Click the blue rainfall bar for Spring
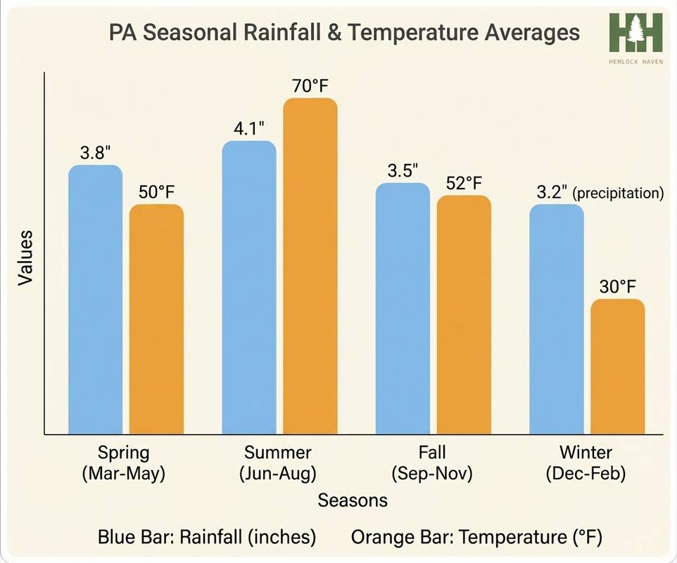click(95, 300)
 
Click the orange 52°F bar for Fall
click(464, 315)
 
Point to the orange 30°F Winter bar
click(617, 366)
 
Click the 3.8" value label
click(96, 153)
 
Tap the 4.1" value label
click(249, 129)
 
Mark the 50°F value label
click(156, 192)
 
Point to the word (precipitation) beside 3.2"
click(619, 193)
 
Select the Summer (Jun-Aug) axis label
click(277, 462)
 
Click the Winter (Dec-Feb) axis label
click(586, 462)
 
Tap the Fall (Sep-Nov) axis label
click(431, 462)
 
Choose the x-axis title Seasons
click(353, 500)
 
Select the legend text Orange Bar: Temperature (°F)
click(476, 538)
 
